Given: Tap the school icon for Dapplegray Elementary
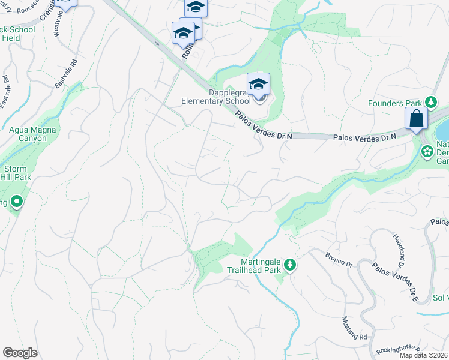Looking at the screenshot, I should pyautogui.click(x=258, y=85).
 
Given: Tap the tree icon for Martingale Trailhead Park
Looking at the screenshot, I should pyautogui.click(x=290, y=265).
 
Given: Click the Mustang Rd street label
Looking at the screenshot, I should pyautogui.click(x=354, y=328).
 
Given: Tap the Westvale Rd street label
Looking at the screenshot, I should pyautogui.click(x=59, y=23).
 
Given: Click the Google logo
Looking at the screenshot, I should pyautogui.click(x=20, y=353).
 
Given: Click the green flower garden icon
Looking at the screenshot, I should pyautogui.click(x=427, y=151).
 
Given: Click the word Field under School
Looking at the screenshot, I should pyautogui.click(x=11, y=38).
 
